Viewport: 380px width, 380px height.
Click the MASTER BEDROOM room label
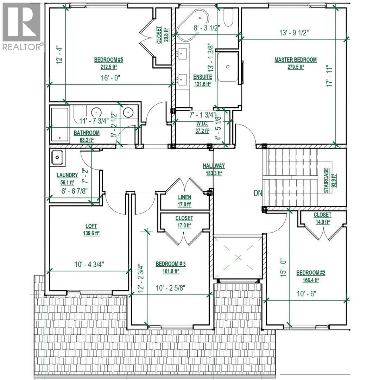pos(295,60)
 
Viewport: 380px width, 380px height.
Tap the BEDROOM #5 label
pos(108,60)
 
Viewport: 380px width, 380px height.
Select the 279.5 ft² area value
pos(295,67)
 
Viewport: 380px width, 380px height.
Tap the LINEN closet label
pos(184,197)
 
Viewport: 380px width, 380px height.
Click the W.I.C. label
pos(202,124)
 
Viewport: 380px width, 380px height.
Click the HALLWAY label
pos(214,166)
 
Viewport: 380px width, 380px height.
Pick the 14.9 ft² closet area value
pos(322,222)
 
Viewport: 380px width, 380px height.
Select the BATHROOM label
pos(86,133)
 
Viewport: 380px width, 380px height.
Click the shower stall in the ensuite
pos(228,66)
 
